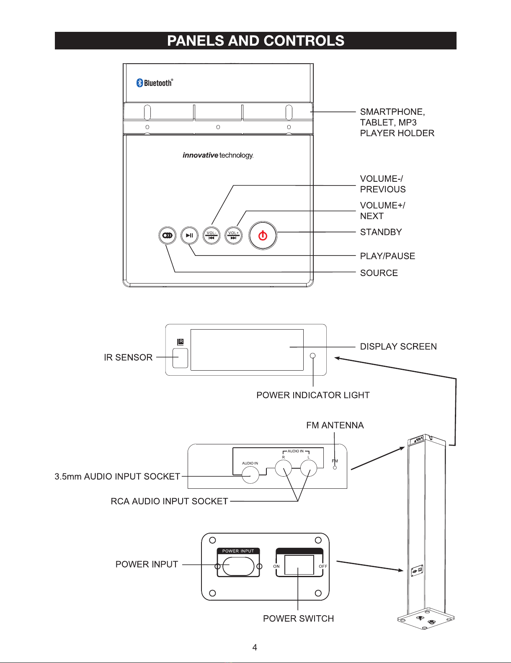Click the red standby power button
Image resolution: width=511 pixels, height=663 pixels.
[x=263, y=235]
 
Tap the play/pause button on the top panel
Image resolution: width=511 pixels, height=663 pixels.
[x=189, y=235]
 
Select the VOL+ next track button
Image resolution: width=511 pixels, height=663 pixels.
[x=233, y=235]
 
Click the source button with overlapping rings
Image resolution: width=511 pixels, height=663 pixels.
[x=168, y=235]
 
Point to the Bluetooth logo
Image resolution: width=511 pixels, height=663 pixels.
[x=154, y=83]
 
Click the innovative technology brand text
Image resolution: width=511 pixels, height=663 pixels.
[x=218, y=155]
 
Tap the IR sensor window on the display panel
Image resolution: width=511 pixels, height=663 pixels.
[x=180, y=358]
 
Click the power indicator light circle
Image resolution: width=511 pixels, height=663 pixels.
[x=312, y=356]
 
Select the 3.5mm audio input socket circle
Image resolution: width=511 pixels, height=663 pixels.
[x=250, y=475]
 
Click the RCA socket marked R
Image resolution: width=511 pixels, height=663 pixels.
[x=283, y=468]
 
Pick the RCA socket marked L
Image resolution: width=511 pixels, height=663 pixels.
[x=309, y=468]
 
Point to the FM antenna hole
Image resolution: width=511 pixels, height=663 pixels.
[x=335, y=467]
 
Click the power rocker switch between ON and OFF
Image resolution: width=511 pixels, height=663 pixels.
[x=299, y=565]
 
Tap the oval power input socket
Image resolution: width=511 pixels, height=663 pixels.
[x=238, y=566]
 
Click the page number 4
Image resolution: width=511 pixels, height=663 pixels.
[x=255, y=648]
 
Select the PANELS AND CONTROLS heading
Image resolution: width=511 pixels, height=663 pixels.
[x=255, y=41]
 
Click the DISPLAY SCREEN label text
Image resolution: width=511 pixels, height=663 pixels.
[x=398, y=346]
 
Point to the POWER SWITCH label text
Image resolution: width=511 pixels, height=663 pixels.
[x=298, y=619]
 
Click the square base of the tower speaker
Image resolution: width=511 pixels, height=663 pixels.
[x=426, y=619]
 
